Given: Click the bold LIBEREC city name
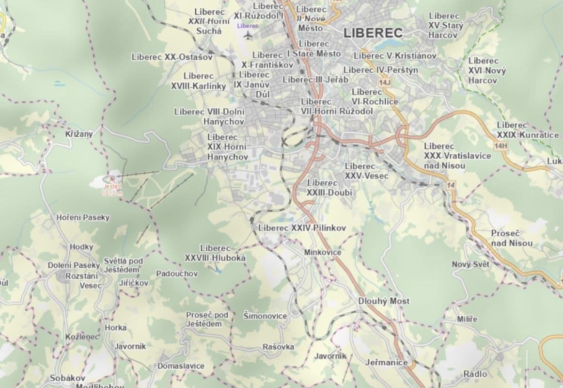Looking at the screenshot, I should click(x=373, y=33).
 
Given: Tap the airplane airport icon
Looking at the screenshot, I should click(x=249, y=35).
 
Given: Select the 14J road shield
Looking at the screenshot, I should click(x=385, y=83).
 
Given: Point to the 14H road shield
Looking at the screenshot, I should click(x=501, y=145).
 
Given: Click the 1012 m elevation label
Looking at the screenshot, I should click(x=112, y=193).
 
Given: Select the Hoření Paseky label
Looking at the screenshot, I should click(x=83, y=217).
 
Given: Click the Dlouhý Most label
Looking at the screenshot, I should click(x=384, y=301).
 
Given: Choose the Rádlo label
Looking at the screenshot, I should click(x=475, y=374).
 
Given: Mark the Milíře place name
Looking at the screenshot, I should click(x=467, y=319).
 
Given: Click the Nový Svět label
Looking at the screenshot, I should click(x=470, y=264).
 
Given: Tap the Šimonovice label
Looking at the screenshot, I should click(x=265, y=316).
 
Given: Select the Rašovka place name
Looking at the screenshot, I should click(x=278, y=347).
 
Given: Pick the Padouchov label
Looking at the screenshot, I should click(x=177, y=274).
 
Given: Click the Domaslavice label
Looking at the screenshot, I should click(x=181, y=366).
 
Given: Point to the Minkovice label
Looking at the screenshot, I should click(x=323, y=252).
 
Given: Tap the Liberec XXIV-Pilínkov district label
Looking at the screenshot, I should click(x=302, y=227).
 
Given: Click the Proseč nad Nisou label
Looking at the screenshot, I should click(x=512, y=238).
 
